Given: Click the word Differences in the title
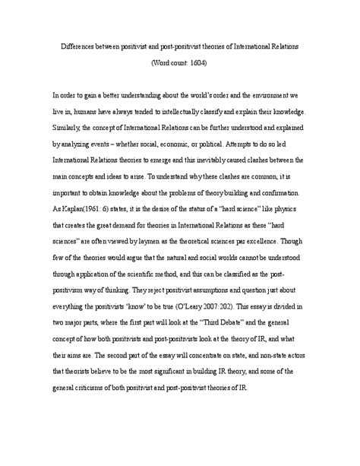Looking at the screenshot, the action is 78,46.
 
